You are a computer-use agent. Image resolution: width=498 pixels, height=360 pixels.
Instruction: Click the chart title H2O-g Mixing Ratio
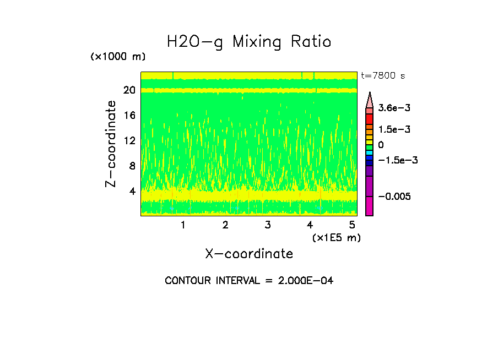point(249,42)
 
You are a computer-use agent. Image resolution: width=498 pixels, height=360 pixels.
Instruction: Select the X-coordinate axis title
point(249,254)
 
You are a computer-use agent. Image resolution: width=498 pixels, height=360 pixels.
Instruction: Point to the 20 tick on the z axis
point(129,90)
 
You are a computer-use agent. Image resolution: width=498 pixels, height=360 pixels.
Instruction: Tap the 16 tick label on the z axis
point(129,115)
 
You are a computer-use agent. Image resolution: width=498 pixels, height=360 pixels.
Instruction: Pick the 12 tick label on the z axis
point(129,140)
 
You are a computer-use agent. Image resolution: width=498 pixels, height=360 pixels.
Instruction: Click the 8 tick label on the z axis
point(132,166)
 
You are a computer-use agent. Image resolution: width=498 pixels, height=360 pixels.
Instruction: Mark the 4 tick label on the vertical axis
point(132,191)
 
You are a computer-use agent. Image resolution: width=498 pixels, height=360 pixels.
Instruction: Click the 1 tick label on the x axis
point(183,225)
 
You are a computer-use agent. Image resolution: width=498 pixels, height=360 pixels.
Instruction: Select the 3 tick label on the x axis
point(267,225)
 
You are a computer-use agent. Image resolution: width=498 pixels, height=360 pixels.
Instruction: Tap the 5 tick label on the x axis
point(352,225)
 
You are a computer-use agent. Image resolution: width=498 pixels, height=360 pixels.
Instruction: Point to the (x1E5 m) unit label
point(336,237)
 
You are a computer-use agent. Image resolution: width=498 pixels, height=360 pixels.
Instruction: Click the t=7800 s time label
point(382,75)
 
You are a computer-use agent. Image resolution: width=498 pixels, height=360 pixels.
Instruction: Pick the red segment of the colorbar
point(370,118)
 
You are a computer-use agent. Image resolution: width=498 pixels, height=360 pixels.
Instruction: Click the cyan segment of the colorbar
point(370,152)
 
